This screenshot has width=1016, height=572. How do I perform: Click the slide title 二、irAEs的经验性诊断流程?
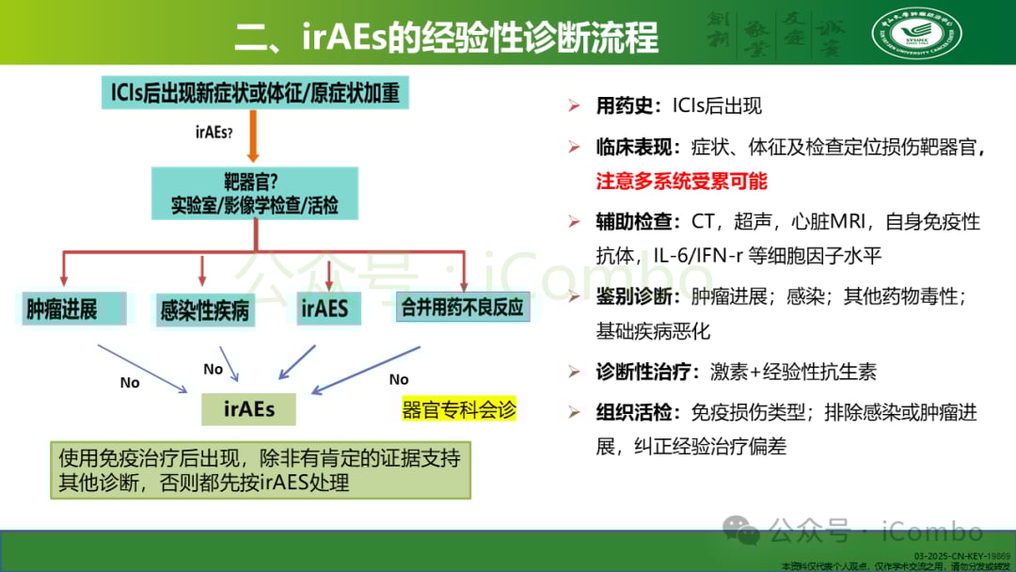[x=446, y=39]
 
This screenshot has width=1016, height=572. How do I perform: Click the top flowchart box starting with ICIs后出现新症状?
[x=254, y=92]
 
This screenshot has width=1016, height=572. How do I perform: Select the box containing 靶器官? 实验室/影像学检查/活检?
[x=254, y=194]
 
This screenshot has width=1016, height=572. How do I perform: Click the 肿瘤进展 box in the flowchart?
[x=62, y=309]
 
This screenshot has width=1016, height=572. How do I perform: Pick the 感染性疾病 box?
[x=204, y=310]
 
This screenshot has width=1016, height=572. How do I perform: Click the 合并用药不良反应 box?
[x=462, y=308]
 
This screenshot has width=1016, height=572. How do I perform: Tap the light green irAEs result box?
[x=249, y=409]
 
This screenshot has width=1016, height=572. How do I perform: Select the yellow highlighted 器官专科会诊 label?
[x=459, y=411]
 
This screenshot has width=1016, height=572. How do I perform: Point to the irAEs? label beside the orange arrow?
[x=214, y=133]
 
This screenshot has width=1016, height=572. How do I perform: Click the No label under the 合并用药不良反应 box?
[x=399, y=379]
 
